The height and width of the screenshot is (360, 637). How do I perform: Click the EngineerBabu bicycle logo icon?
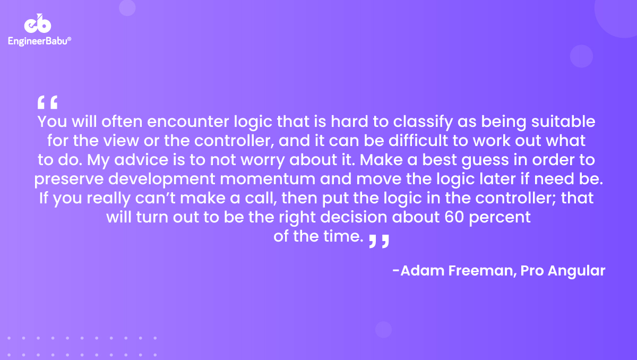pyautogui.click(x=38, y=23)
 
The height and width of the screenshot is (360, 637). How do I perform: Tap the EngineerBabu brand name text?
pyautogui.click(x=39, y=41)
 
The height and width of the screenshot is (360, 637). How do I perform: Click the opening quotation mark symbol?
pyautogui.click(x=47, y=102)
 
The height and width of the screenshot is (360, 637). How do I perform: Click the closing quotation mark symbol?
pyautogui.click(x=379, y=241)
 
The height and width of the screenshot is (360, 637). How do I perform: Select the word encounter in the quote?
pyautogui.click(x=188, y=122)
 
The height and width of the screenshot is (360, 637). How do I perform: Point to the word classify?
pyautogui.click(x=423, y=122)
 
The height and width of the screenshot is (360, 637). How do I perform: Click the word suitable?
pyautogui.click(x=563, y=122)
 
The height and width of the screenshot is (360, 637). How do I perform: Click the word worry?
pyautogui.click(x=262, y=161)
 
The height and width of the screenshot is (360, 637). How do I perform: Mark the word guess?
pyautogui.click(x=485, y=161)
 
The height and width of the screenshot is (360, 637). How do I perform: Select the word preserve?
pyautogui.click(x=69, y=180)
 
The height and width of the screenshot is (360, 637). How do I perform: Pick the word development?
pyautogui.click(x=161, y=179)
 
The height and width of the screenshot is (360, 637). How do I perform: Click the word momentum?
pyautogui.click(x=268, y=179)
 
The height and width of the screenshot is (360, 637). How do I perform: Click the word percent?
pyautogui.click(x=500, y=218)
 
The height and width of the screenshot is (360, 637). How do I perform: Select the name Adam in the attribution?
pyautogui.click(x=422, y=270)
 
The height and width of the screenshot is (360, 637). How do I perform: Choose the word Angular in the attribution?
pyautogui.click(x=576, y=271)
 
